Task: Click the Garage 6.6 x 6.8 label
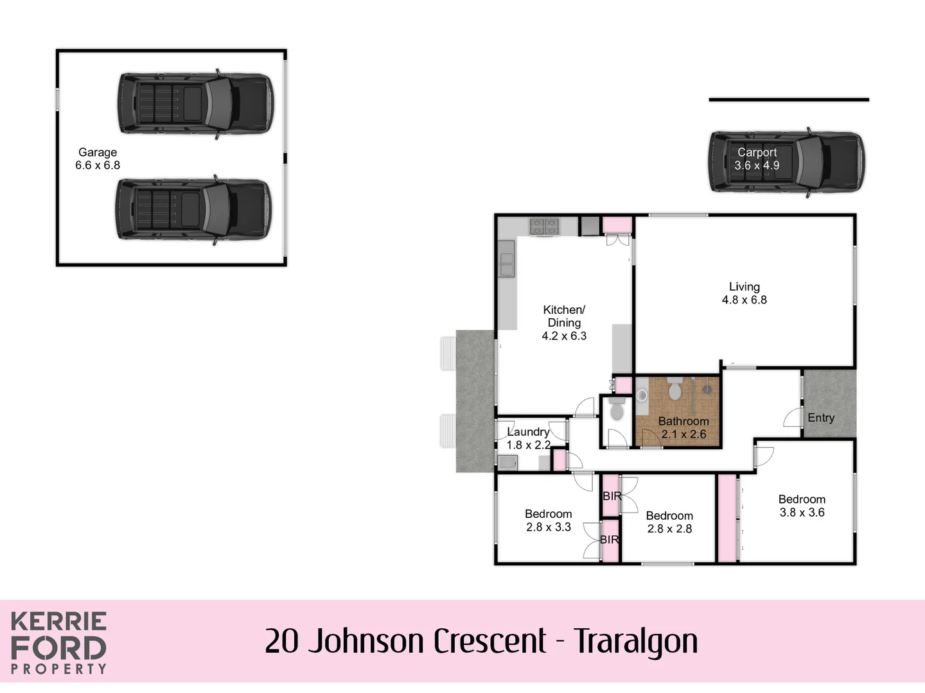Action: tap(98, 158)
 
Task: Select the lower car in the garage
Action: tap(193, 209)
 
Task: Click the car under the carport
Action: tap(787, 162)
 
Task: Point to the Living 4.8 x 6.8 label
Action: tap(744, 293)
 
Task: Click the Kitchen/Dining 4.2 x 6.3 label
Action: tap(564, 323)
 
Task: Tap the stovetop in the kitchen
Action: tap(544, 227)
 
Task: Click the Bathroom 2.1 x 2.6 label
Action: tap(683, 428)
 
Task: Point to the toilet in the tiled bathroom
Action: tap(675, 389)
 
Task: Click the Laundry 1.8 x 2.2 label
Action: tap(528, 438)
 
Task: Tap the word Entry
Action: tap(821, 418)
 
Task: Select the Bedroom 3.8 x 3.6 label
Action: tap(802, 506)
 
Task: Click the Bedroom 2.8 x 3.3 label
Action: tap(548, 520)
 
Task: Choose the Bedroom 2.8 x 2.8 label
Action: tap(669, 522)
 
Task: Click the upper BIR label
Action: tap(612, 496)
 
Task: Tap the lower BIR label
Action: tap(610, 540)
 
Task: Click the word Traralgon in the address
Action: tap(635, 641)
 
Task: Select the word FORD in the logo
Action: tap(58, 648)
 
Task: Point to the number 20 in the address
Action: tap(281, 641)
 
